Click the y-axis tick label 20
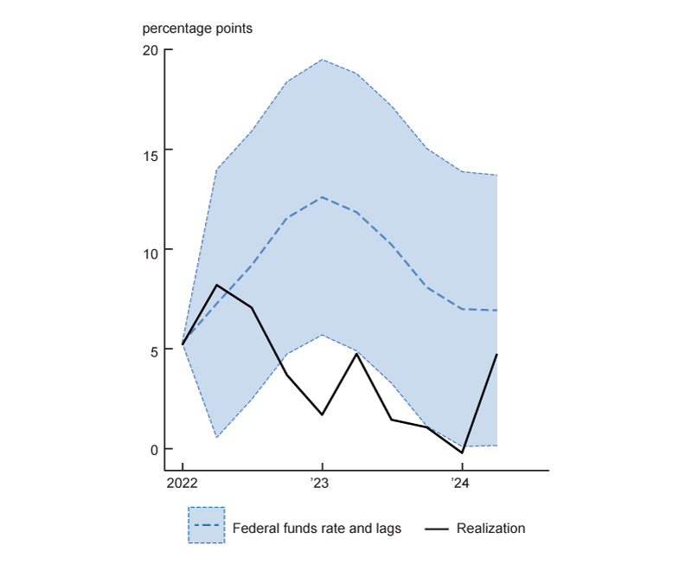click(151, 50)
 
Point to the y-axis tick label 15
click(151, 150)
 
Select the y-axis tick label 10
click(151, 250)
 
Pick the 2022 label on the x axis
click(183, 483)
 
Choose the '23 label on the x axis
click(322, 483)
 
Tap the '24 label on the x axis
click(461, 483)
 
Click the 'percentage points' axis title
click(197, 28)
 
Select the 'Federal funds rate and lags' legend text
click(317, 528)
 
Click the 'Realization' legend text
click(490, 528)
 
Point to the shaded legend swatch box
click(206, 525)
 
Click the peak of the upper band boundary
click(322, 60)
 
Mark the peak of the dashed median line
click(322, 197)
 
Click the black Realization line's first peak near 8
click(217, 285)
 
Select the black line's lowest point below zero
click(462, 452)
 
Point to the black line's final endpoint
click(497, 355)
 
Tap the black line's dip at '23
click(322, 414)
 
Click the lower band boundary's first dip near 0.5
click(217, 438)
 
